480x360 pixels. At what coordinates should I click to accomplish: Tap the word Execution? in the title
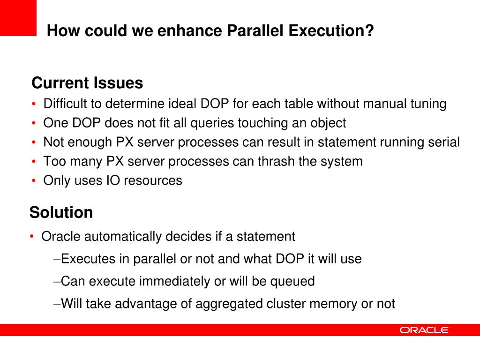tap(331, 31)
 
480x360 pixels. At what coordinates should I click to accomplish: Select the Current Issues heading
tap(87, 83)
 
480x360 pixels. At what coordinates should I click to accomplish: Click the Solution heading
tap(61, 212)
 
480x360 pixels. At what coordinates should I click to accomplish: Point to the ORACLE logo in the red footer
tap(424, 330)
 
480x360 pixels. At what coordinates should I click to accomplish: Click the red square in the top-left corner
tap(18, 18)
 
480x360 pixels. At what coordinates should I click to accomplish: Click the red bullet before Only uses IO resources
tap(34, 181)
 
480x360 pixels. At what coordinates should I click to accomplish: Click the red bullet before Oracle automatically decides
tap(32, 237)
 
